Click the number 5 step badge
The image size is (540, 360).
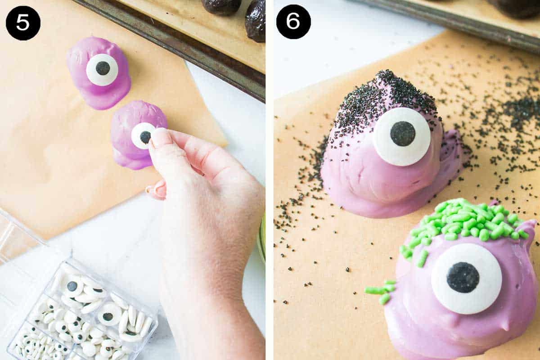[23, 23]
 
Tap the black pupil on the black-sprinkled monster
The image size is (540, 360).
[403, 134]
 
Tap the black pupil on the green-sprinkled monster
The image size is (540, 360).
[463, 277]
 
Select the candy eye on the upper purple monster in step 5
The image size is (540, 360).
[102, 69]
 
